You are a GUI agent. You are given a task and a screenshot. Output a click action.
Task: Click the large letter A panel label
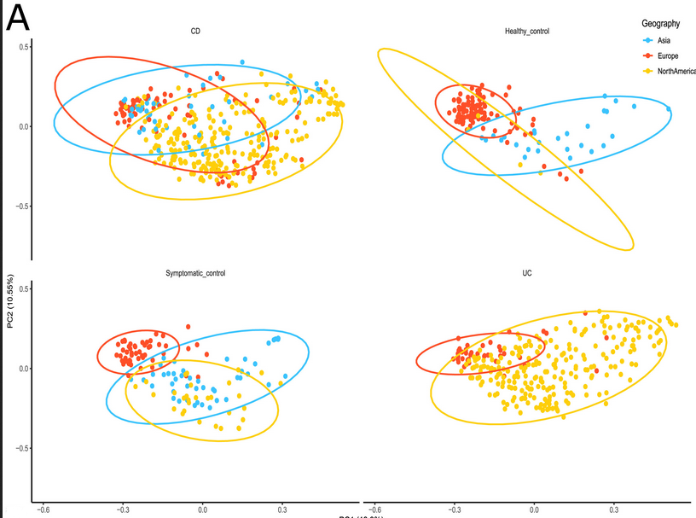(x=18, y=19)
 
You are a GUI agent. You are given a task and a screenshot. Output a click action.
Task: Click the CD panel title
(x=195, y=32)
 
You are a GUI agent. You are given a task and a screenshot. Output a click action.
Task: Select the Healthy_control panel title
(x=526, y=32)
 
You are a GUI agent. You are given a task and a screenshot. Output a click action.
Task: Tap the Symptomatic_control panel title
(x=195, y=274)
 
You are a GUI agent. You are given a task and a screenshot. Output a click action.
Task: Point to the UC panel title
(x=526, y=274)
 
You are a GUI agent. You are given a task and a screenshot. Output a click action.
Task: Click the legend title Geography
(x=662, y=24)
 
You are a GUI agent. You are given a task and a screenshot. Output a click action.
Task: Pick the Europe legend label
(x=669, y=55)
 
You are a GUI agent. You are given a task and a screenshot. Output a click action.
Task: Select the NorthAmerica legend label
(x=676, y=71)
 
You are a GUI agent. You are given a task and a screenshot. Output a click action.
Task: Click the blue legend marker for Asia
(x=648, y=40)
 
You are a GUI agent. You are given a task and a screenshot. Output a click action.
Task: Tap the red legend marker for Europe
(x=648, y=55)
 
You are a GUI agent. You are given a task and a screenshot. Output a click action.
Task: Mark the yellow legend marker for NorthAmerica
(x=648, y=71)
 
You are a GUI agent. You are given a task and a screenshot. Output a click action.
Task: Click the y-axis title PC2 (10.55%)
(x=9, y=300)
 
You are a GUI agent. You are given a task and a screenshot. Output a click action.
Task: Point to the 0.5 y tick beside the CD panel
(x=23, y=46)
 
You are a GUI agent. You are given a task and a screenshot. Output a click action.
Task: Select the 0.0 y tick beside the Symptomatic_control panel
(x=23, y=369)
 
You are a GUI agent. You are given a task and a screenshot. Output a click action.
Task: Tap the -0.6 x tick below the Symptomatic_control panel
(x=43, y=509)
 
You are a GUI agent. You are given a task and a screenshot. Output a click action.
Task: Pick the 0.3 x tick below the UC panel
(x=613, y=509)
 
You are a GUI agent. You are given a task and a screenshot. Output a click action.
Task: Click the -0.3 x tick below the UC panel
(x=453, y=509)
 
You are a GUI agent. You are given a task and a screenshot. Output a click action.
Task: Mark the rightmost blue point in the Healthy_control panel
(x=669, y=108)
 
